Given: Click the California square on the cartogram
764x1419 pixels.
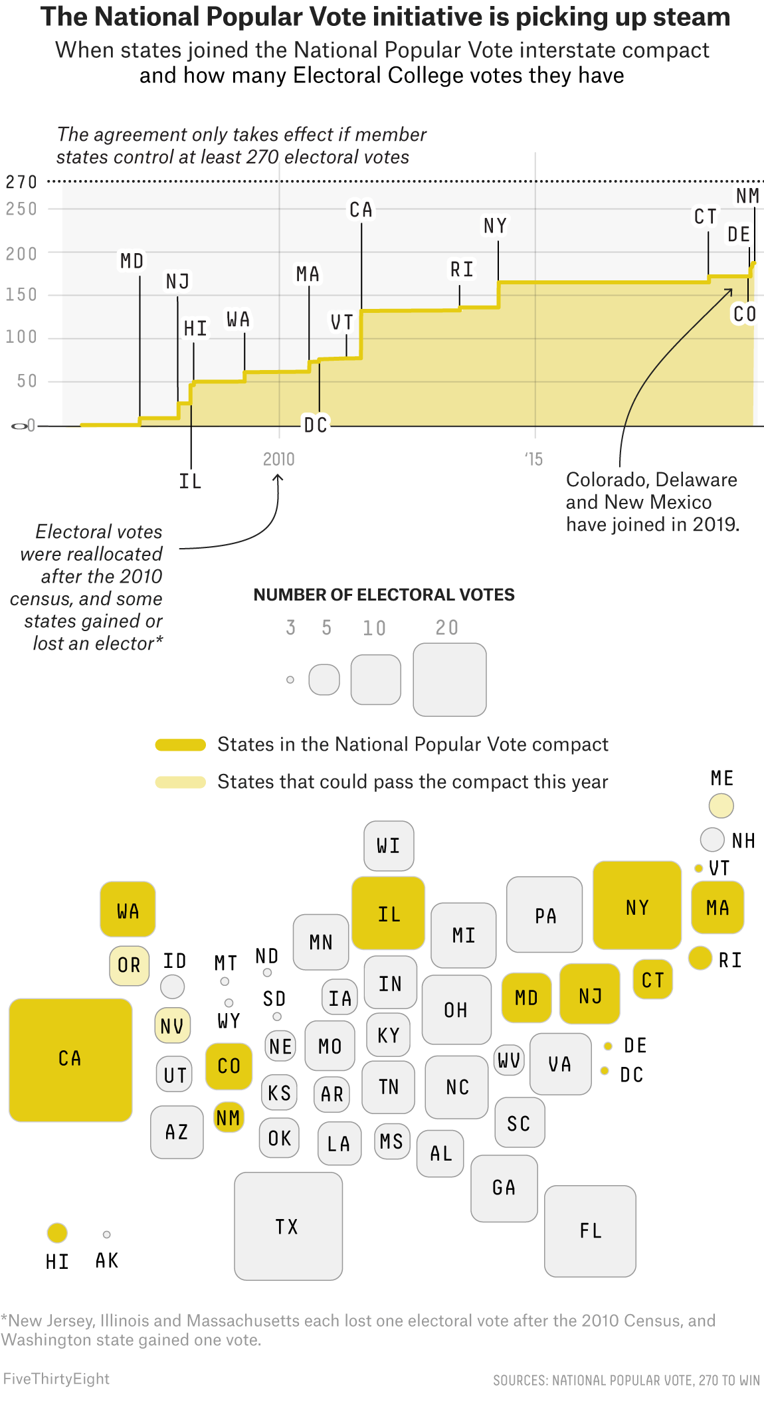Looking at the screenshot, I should pyautogui.click(x=70, y=1060).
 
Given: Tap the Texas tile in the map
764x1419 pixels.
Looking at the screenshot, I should pyautogui.click(x=288, y=1226).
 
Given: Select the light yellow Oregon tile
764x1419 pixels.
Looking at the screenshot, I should pyautogui.click(x=129, y=965).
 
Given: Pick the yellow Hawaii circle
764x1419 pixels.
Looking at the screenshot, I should pyautogui.click(x=57, y=1232).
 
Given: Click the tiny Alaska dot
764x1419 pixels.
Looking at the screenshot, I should pyautogui.click(x=106, y=1234).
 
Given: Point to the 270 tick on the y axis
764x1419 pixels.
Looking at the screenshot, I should pyautogui.click(x=21, y=182).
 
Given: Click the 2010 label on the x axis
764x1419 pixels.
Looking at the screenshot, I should pyautogui.click(x=278, y=459).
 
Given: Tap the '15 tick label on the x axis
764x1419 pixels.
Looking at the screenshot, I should pyautogui.click(x=533, y=459).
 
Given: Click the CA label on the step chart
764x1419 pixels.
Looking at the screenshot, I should pyautogui.click(x=361, y=210).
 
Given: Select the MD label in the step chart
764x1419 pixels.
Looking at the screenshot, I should pyautogui.click(x=132, y=260).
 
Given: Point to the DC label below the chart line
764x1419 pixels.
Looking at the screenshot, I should pyautogui.click(x=316, y=425).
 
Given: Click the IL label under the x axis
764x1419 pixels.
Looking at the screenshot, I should pyautogui.click(x=190, y=481).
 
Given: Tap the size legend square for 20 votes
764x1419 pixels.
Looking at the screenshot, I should pyautogui.click(x=449, y=679).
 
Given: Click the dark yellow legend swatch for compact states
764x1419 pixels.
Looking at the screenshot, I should pyautogui.click(x=180, y=745).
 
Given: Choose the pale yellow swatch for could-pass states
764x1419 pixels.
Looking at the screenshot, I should pyautogui.click(x=180, y=782).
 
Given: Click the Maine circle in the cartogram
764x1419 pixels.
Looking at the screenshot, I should pyautogui.click(x=721, y=806).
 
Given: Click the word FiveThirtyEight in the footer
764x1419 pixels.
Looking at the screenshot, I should pyautogui.click(x=56, y=1378).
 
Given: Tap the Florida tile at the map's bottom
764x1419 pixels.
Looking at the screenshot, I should pyautogui.click(x=589, y=1230).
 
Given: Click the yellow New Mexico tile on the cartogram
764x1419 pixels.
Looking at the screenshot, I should pyautogui.click(x=229, y=1117).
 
